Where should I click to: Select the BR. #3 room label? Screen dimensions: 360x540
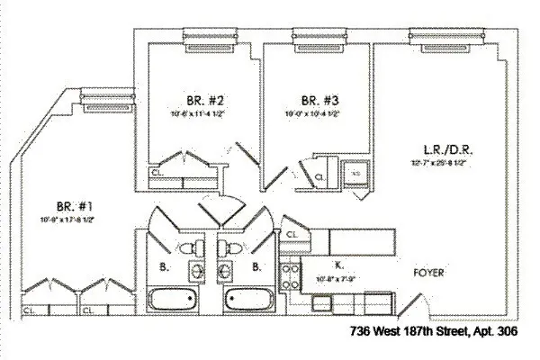point(314,101)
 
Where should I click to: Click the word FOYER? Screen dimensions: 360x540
point(427,273)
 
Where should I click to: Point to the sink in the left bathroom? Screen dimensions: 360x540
point(195,271)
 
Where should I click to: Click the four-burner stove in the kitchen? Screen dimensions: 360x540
point(291,274)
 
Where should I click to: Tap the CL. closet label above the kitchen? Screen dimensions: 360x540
point(292,236)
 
